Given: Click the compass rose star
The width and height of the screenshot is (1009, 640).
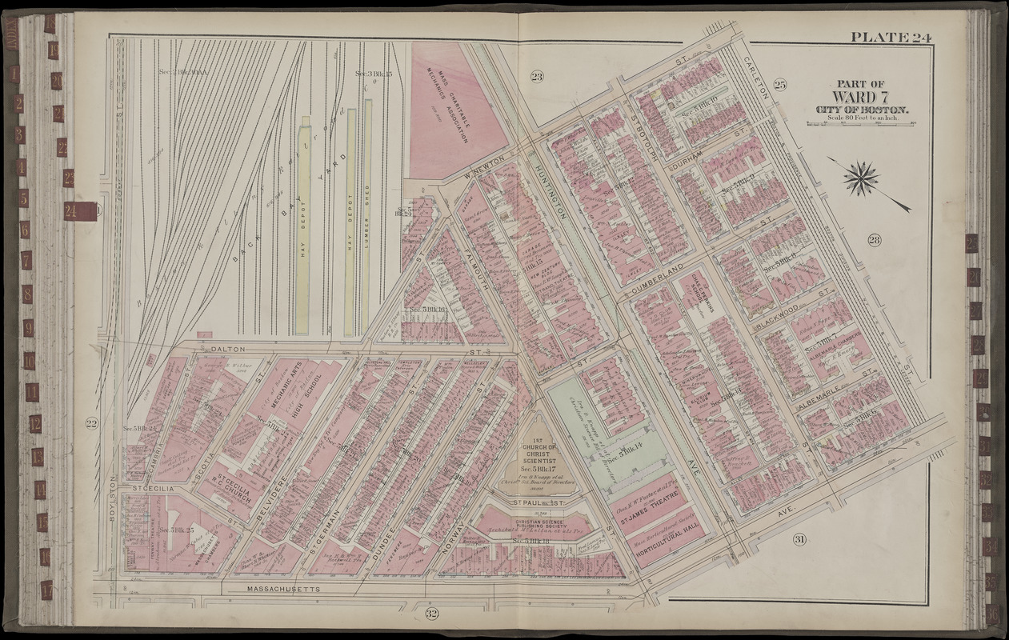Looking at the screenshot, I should (x=861, y=178).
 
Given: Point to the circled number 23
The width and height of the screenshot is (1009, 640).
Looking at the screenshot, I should (x=536, y=76).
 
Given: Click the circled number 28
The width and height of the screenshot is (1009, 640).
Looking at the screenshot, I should (x=873, y=239).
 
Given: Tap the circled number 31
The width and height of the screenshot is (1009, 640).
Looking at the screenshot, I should (x=799, y=540).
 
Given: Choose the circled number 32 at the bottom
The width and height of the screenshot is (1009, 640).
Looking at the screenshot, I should (x=431, y=614).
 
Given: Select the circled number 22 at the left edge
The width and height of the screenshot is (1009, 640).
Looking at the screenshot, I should (x=91, y=423).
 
